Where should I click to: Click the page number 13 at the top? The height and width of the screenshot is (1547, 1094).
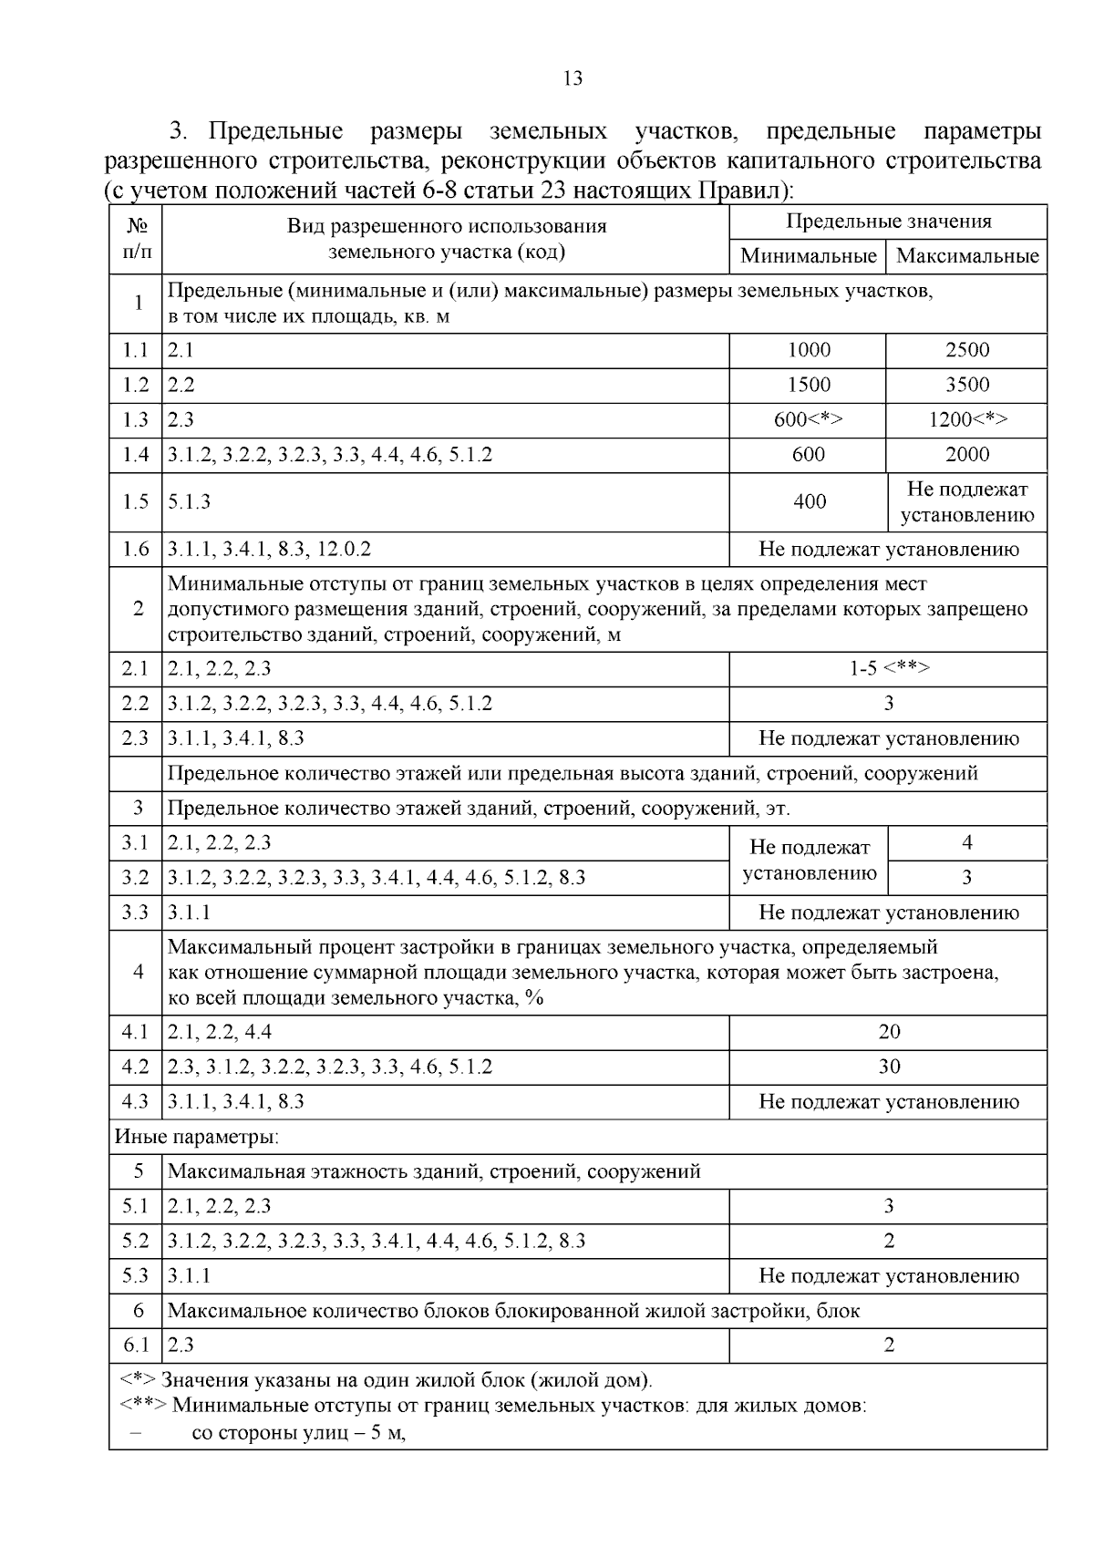pos(573,78)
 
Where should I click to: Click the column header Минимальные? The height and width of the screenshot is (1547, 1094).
pos(808,256)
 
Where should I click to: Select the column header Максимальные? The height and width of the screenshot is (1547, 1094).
pos(966,256)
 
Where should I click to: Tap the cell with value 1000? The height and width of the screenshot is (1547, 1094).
pos(808,350)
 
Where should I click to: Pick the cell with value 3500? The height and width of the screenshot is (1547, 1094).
pos(966,385)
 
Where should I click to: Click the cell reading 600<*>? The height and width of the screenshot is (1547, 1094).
pos(808,419)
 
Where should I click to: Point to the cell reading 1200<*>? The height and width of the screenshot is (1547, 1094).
pos(966,419)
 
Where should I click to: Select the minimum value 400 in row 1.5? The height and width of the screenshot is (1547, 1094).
pos(808,501)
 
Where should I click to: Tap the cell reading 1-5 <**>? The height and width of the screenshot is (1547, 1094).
pos(888,668)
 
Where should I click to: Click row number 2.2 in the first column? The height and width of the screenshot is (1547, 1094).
pos(136,704)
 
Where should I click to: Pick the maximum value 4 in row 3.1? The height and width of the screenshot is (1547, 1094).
pos(966,843)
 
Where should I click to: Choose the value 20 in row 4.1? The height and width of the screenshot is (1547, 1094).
pos(888,1032)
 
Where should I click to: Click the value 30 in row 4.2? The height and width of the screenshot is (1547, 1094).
pos(888,1067)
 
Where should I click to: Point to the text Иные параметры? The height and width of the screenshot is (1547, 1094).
pos(197,1137)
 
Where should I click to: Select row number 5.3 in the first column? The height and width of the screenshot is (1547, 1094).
pos(136,1276)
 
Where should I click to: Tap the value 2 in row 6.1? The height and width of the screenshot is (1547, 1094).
pos(888,1346)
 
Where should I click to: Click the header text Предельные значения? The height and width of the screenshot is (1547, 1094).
pos(888,222)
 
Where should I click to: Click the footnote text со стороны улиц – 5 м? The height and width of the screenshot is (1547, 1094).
pos(298,1433)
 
